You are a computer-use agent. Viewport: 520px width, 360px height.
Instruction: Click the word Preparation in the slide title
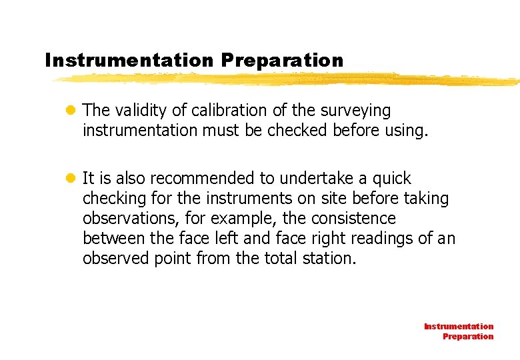283,61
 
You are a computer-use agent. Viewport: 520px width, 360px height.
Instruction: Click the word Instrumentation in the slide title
129,61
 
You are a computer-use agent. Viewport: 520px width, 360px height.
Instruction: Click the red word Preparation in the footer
468,337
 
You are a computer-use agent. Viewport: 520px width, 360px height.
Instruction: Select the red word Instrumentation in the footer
459,327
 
